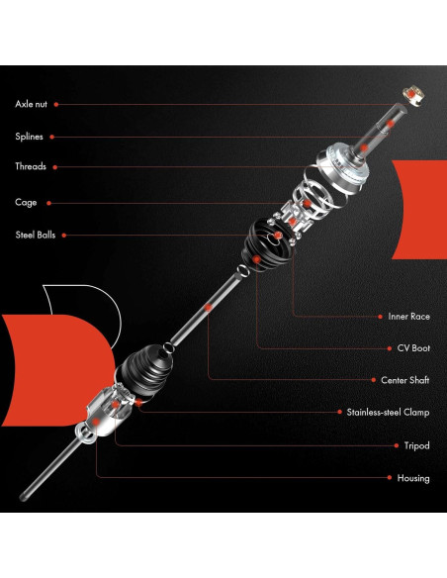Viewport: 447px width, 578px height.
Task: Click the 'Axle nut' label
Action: point(31,104)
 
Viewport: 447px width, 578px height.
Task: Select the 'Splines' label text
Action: point(29,137)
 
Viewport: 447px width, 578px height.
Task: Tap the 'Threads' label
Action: point(31,167)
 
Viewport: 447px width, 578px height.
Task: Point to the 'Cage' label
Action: point(26,203)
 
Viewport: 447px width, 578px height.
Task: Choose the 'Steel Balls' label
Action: point(36,236)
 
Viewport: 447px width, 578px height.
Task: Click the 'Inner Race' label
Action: point(408,317)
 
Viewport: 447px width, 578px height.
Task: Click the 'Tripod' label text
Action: point(416,445)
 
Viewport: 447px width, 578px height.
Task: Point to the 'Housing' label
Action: point(413,478)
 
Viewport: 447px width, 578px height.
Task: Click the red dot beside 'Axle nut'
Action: point(57,104)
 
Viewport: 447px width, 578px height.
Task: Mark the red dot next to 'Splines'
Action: point(52,137)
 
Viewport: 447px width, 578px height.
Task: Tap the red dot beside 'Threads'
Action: point(56,167)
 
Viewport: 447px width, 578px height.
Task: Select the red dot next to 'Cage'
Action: point(47,203)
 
